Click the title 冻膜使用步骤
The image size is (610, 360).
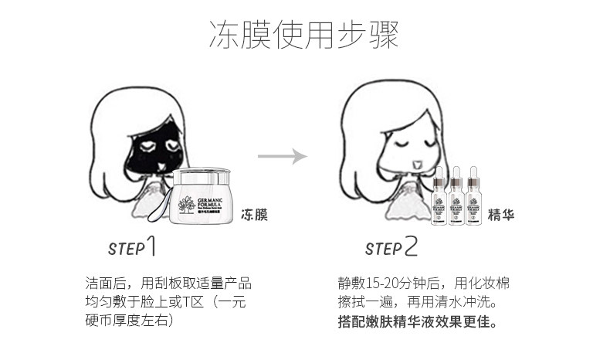(304, 35)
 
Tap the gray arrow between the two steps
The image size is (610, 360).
(283, 157)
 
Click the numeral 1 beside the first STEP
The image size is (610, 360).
(153, 246)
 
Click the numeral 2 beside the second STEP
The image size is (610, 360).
(410, 246)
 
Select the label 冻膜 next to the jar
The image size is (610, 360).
(254, 214)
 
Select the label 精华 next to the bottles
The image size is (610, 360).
(501, 214)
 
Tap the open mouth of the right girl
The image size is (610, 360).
(418, 163)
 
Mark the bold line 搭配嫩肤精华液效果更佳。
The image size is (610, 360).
(417, 320)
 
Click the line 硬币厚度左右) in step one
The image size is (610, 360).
(128, 320)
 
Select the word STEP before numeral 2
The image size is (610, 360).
(383, 249)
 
